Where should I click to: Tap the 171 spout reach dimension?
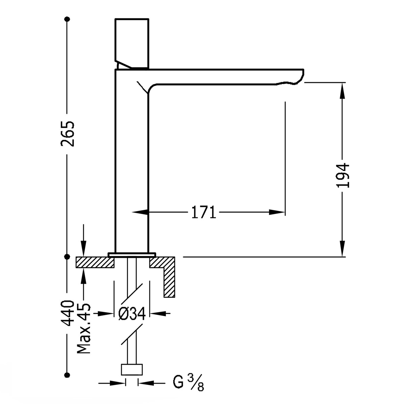click(x=203, y=212)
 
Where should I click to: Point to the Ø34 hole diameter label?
click(x=132, y=314)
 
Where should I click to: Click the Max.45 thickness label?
click(x=84, y=328)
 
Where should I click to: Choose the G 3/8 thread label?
click(x=188, y=383)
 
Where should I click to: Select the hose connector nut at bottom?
click(x=132, y=369)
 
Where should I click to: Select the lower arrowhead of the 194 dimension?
click(x=343, y=249)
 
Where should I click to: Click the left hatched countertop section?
click(x=94, y=262)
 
